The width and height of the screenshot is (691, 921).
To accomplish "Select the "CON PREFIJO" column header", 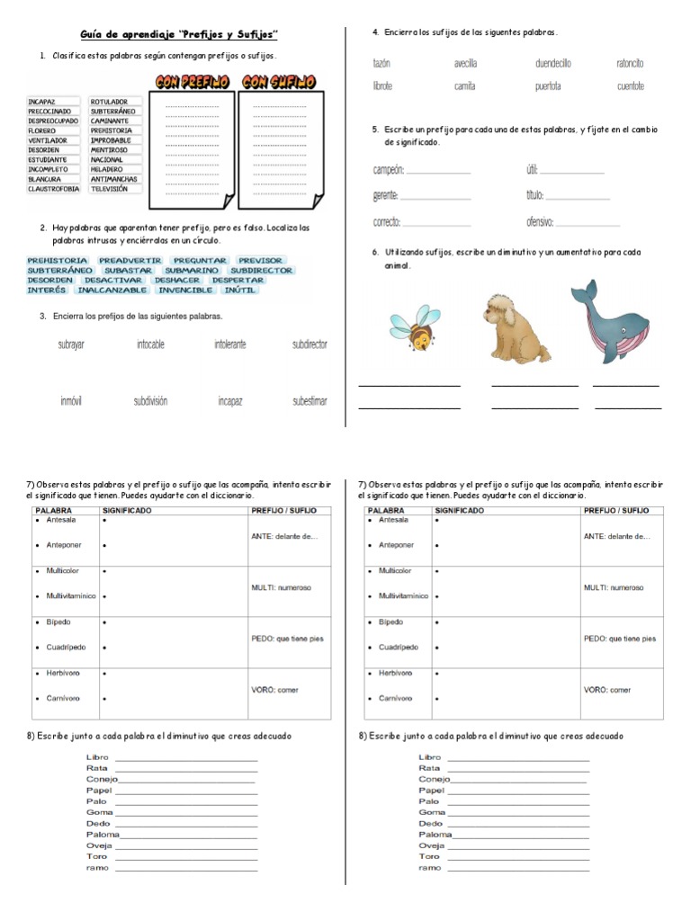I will pyautogui.click(x=192, y=82).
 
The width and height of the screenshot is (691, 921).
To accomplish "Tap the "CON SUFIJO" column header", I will pyautogui.click(x=279, y=82).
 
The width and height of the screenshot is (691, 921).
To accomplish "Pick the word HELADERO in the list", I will pyautogui.click(x=107, y=170).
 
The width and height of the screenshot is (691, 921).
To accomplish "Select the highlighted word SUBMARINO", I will pyautogui.click(x=192, y=270).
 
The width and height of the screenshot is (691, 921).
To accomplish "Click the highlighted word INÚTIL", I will pyautogui.click(x=238, y=290).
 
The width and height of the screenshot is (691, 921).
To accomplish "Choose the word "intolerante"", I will pyautogui.click(x=229, y=344).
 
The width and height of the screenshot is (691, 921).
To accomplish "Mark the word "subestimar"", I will pyautogui.click(x=310, y=401).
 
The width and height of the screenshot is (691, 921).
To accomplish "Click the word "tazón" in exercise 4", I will pyautogui.click(x=381, y=64).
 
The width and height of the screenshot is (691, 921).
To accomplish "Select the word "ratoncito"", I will pyautogui.click(x=630, y=64).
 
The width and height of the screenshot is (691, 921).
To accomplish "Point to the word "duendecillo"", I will pyautogui.click(x=552, y=64).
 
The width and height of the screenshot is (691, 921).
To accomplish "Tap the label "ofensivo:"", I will pyautogui.click(x=540, y=222).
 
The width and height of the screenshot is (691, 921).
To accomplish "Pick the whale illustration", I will pyautogui.click(x=607, y=322).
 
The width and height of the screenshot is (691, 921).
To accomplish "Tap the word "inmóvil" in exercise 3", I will pyautogui.click(x=71, y=401).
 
